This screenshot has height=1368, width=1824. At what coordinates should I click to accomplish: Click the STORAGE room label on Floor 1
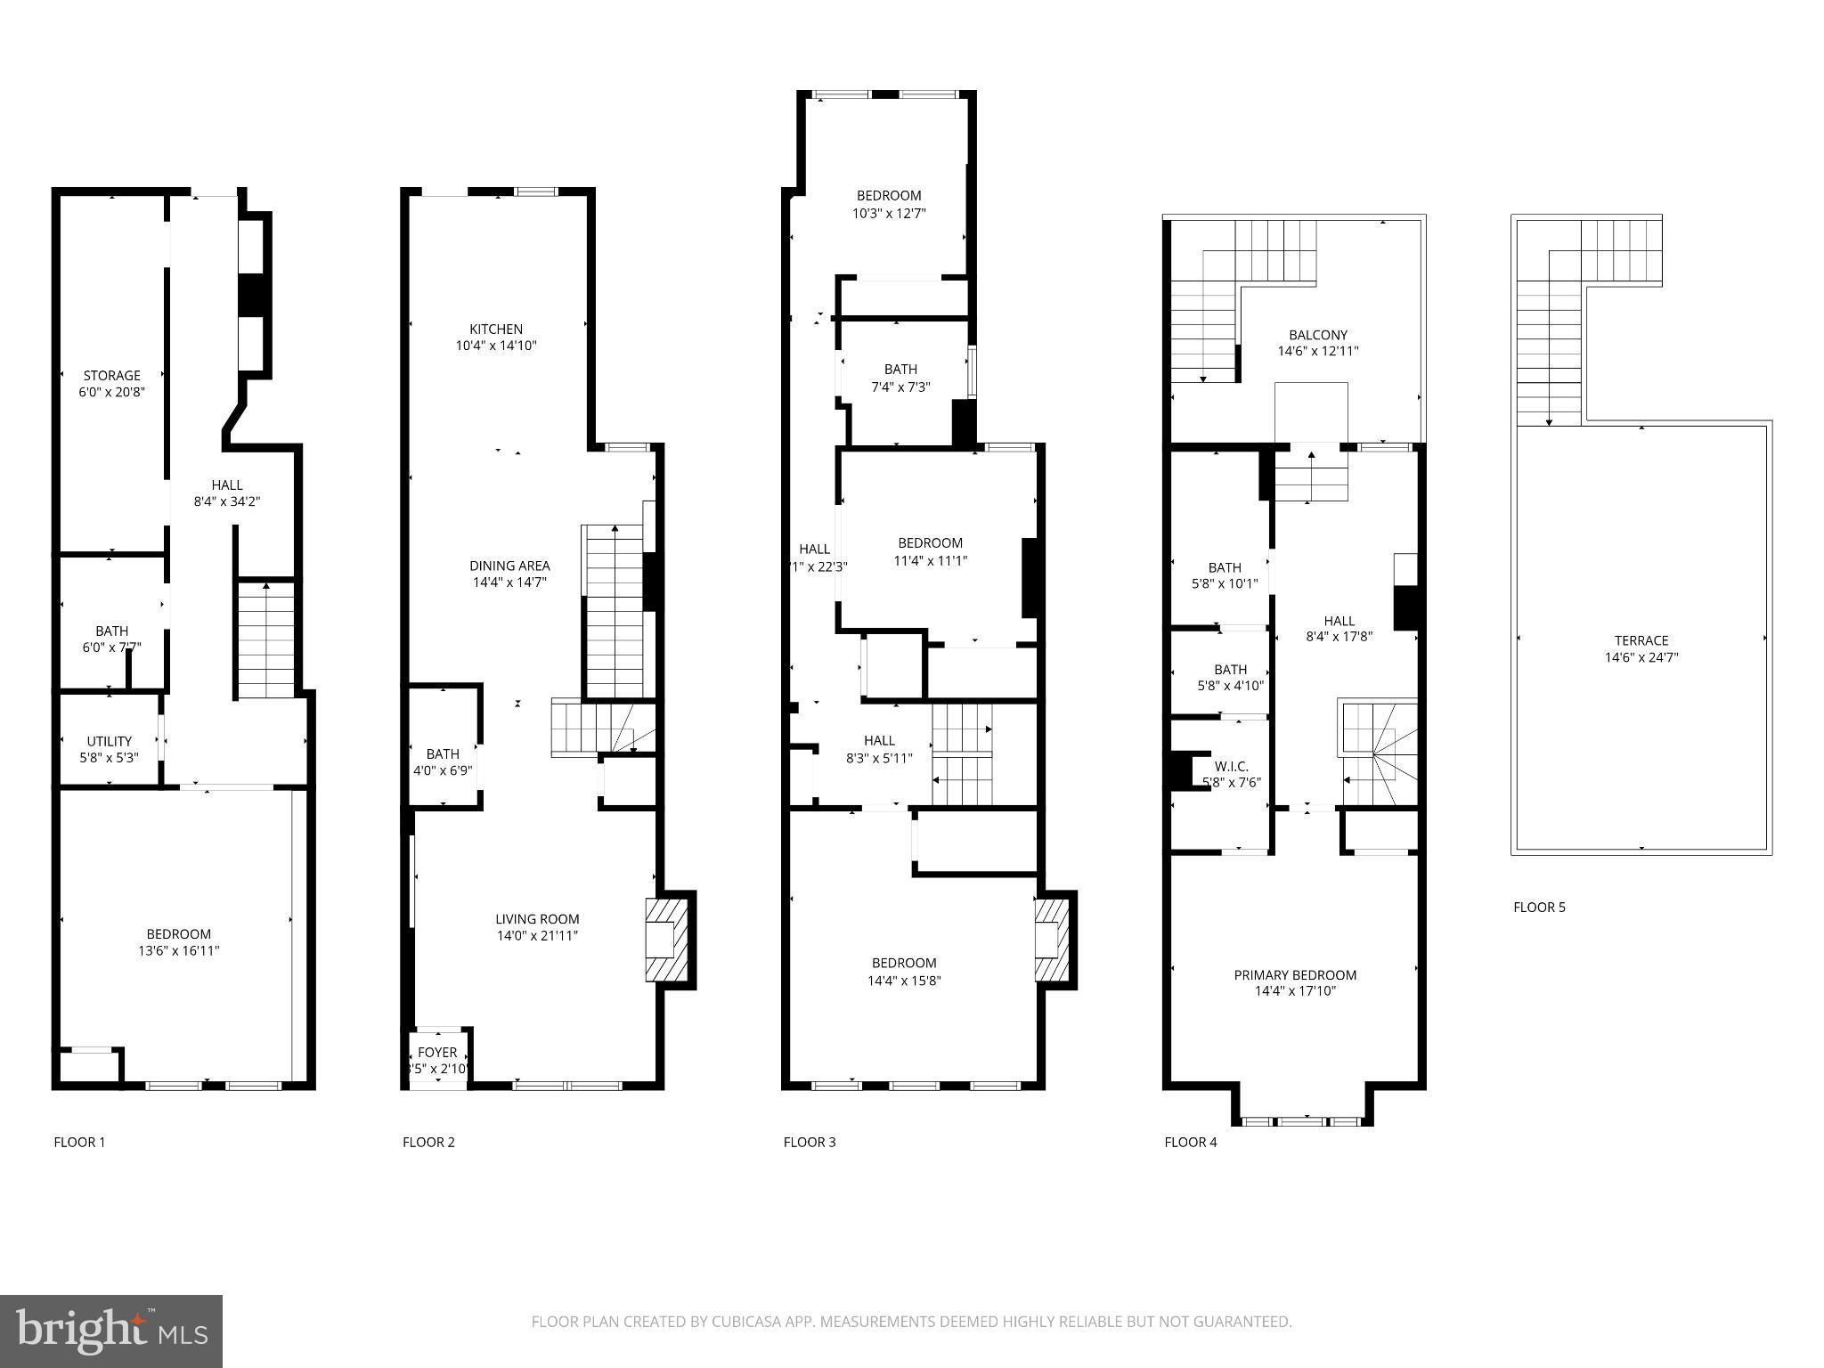click(111, 376)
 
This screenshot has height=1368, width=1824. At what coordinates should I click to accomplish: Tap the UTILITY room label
click(109, 741)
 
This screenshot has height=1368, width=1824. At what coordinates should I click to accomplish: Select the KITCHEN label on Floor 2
click(496, 330)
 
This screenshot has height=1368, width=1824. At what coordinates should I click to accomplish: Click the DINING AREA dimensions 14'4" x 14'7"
click(509, 582)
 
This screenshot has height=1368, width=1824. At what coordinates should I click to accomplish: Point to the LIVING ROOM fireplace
click(666, 940)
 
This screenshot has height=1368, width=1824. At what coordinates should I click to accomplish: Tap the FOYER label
click(437, 1053)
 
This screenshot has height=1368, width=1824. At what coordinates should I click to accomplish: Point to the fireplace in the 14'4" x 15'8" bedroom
click(1053, 940)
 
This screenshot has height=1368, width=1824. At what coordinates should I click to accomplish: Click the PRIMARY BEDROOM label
click(1295, 975)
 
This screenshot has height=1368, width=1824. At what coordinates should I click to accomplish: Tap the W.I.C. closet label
click(1231, 767)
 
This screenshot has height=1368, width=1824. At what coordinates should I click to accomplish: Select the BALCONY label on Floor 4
click(1318, 336)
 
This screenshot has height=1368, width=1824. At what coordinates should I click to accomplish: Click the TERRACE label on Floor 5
click(1641, 640)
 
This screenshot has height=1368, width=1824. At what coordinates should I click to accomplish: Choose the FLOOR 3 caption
click(810, 1142)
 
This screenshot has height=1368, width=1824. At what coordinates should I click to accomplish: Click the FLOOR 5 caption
click(1539, 908)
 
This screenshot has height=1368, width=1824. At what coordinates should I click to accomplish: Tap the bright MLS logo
click(111, 1331)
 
